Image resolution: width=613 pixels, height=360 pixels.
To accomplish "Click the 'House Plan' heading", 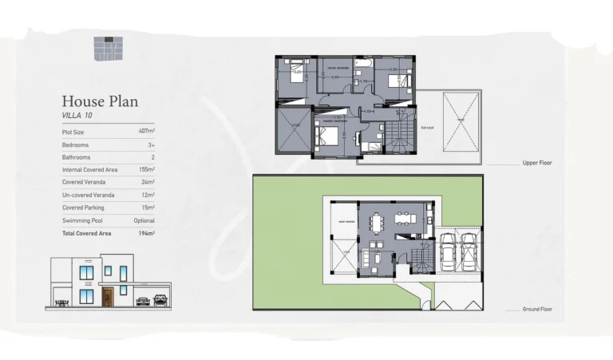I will click(x=100, y=101).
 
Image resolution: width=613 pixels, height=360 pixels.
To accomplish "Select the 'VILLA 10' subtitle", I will click(x=77, y=116).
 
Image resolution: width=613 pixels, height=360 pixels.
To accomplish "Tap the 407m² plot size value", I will click(x=146, y=131).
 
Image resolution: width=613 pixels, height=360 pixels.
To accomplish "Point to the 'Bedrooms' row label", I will click(x=75, y=144).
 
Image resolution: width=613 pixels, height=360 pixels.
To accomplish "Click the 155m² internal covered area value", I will click(x=146, y=169).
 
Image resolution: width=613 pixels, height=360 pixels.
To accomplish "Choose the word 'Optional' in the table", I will click(x=144, y=220).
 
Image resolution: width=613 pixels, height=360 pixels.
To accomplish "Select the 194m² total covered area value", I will click(x=146, y=233).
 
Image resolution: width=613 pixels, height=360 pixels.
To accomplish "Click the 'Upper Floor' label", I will click(x=537, y=163).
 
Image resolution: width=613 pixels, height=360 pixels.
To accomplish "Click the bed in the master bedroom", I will click(x=327, y=133).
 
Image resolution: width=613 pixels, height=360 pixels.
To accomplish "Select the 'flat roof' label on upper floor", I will click(x=427, y=125).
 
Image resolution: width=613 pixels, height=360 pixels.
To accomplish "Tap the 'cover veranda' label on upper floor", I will click(x=338, y=69).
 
